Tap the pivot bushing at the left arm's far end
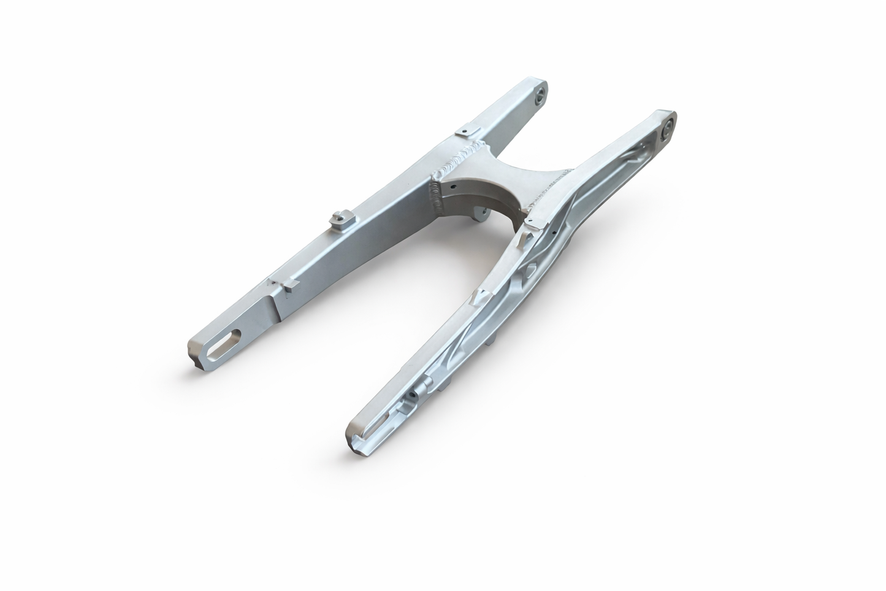coord(541,95)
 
